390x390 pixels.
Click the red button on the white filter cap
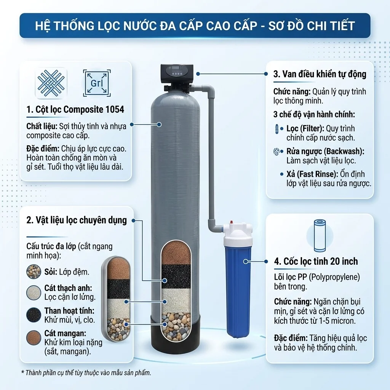pos(231,221)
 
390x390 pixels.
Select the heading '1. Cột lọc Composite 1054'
pos(75,109)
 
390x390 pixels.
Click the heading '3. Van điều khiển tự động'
pos(320,74)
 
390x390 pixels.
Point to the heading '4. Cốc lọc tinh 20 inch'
pos(316,261)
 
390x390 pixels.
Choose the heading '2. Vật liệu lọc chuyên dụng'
pos(77,220)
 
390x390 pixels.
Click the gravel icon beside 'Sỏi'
pos(34,272)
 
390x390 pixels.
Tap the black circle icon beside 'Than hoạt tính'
pos(34,315)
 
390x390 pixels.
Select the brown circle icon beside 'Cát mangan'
pos(34,338)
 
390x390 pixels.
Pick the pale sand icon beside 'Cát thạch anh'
pos(34,292)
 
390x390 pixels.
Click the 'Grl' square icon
pos(97,83)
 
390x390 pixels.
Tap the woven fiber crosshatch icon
pos(51,83)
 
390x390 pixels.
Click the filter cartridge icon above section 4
pos(320,235)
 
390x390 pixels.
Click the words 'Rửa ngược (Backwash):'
pos(325,151)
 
